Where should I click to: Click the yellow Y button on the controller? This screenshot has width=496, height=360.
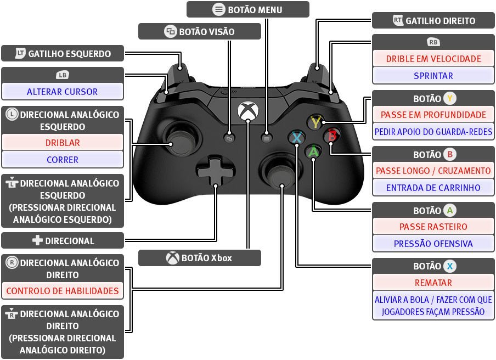pos(315,122)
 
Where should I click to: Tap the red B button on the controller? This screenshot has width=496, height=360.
pos(332,136)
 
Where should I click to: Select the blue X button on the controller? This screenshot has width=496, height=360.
pos(296,138)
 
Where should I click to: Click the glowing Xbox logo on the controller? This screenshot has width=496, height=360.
pos(248,111)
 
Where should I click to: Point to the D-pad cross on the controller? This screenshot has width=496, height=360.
pos(216,171)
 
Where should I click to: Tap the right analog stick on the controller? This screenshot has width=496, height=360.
pos(280,173)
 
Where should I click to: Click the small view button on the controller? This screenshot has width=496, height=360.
pos(229,138)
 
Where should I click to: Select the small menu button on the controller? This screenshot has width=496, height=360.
pos(266,138)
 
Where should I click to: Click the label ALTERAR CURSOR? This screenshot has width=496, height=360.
pos(63,92)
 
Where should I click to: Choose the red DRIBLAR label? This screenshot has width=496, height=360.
pos(63,143)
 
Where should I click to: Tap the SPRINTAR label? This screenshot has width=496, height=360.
pos(433,76)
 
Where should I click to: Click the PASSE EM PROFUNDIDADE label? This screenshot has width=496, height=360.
pos(433,115)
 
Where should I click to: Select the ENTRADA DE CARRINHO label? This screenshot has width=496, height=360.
pos(433,188)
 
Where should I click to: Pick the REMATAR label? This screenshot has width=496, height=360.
pos(433,283)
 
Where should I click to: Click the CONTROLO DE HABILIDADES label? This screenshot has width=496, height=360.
pos(63,291)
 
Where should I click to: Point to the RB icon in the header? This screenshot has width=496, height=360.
pos(433,42)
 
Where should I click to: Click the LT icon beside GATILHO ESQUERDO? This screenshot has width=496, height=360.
pos(20,53)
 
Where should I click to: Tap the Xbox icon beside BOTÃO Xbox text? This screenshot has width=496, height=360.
pos(173,258)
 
